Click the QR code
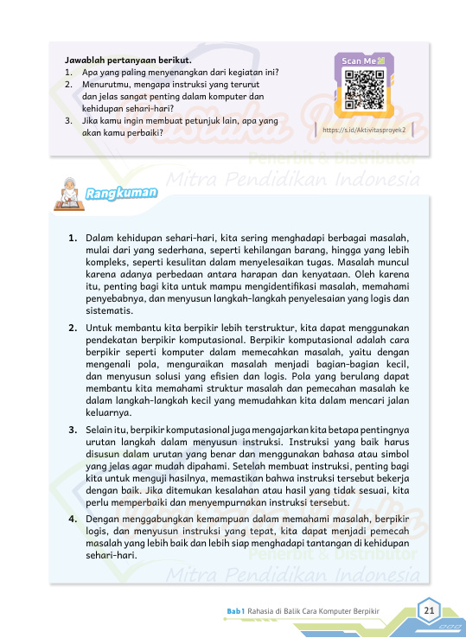click(x=363, y=91)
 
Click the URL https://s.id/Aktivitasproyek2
click(x=364, y=130)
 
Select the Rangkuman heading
click(x=121, y=195)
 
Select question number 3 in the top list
click(x=68, y=122)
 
